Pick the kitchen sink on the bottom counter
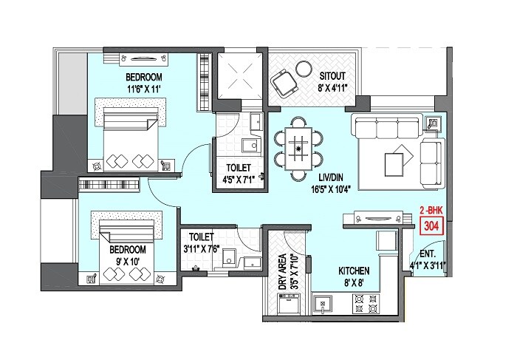point(322,301)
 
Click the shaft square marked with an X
point(239,76)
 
